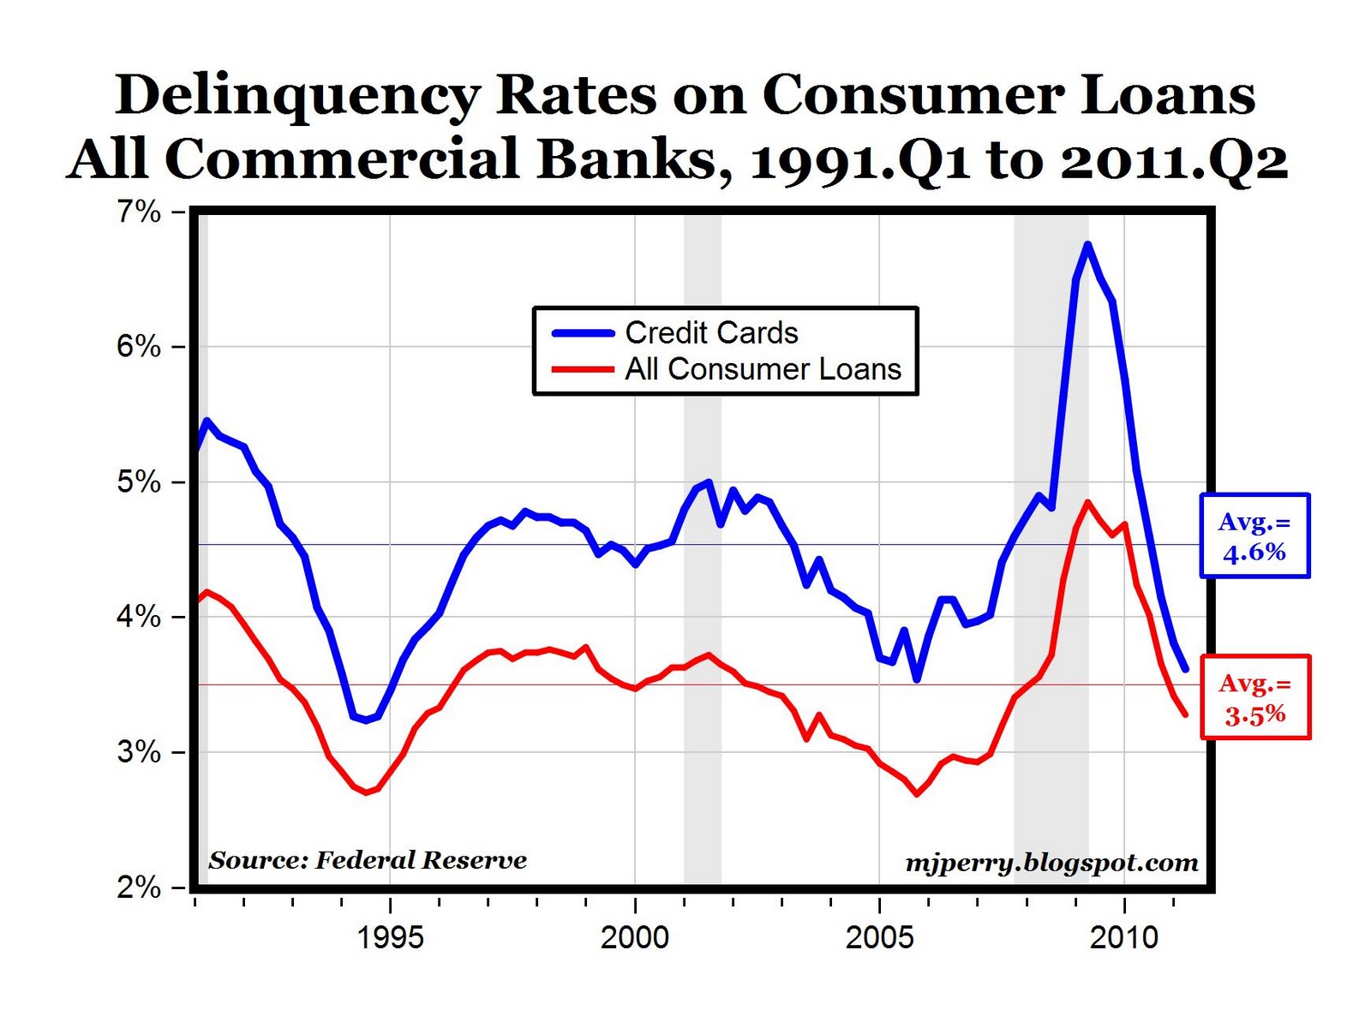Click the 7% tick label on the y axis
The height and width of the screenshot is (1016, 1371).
pyautogui.click(x=139, y=212)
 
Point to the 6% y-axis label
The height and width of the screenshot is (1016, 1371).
pyautogui.click(x=139, y=347)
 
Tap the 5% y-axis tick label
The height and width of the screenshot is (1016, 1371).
pyautogui.click(x=139, y=482)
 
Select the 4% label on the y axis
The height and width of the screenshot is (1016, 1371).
pyautogui.click(x=139, y=617)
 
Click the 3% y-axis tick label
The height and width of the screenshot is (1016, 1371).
pyautogui.click(x=139, y=752)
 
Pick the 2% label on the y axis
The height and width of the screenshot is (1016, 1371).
pyautogui.click(x=139, y=888)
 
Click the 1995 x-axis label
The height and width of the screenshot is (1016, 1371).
pyautogui.click(x=390, y=937)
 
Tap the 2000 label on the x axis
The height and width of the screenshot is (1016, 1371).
pyautogui.click(x=635, y=937)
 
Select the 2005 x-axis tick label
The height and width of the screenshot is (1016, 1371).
pyautogui.click(x=879, y=937)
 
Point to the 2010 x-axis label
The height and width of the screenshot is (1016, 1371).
pyautogui.click(x=1124, y=937)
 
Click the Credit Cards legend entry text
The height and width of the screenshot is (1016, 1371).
pyautogui.click(x=711, y=332)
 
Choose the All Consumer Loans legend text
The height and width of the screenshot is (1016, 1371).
pyautogui.click(x=763, y=369)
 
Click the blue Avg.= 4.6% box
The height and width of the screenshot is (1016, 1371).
pyautogui.click(x=1254, y=536)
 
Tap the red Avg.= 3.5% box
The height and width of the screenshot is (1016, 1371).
pyautogui.click(x=1255, y=697)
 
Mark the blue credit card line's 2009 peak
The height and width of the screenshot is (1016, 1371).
pyautogui.click(x=1087, y=245)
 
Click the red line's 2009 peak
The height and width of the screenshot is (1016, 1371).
pyautogui.click(x=1087, y=502)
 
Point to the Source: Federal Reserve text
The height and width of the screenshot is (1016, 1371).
pyautogui.click(x=368, y=860)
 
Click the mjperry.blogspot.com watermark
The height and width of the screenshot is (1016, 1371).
pyautogui.click(x=1051, y=863)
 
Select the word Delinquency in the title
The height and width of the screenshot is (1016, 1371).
pyautogui.click(x=297, y=94)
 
